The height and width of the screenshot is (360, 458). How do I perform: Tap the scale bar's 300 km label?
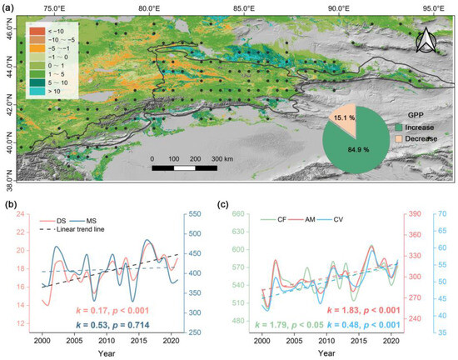tap(224, 157)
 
